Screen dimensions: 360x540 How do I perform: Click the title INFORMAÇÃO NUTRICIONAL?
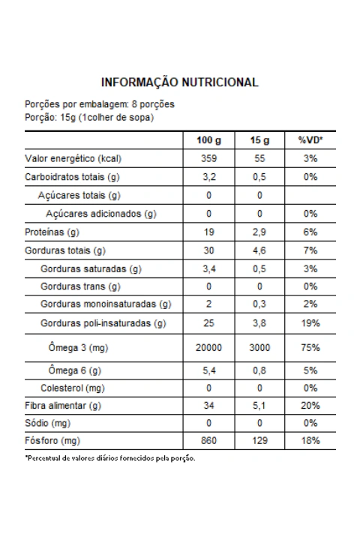[x=179, y=82]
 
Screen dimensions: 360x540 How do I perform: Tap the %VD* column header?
[x=310, y=140]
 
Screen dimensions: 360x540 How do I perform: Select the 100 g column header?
[x=208, y=140]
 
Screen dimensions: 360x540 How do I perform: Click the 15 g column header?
[x=259, y=140]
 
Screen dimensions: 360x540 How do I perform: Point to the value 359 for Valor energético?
[x=208, y=158]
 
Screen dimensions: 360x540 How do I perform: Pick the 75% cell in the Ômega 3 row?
[x=310, y=347]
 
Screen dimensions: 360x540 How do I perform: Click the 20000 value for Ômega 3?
[x=208, y=347]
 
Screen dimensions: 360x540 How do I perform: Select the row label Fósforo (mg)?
[x=52, y=441]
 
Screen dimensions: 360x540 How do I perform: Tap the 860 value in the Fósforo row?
[x=208, y=440]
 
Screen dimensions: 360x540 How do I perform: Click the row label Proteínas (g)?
[x=52, y=232]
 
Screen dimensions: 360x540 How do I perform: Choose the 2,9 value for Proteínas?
[x=259, y=232]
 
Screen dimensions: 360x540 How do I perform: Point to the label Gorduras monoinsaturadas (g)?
[x=106, y=304]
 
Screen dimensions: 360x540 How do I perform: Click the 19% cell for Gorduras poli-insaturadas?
[x=310, y=323]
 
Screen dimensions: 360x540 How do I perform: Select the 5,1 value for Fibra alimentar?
[x=259, y=406]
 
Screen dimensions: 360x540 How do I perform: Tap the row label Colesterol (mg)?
[x=73, y=388]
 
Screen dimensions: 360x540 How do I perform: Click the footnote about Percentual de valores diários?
[x=110, y=458]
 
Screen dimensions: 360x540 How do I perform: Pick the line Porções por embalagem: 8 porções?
[x=100, y=104]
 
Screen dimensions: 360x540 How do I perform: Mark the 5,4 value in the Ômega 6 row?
[x=208, y=370]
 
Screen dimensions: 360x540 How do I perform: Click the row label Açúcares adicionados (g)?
[x=101, y=214]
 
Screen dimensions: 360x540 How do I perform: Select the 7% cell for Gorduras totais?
[x=310, y=250]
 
